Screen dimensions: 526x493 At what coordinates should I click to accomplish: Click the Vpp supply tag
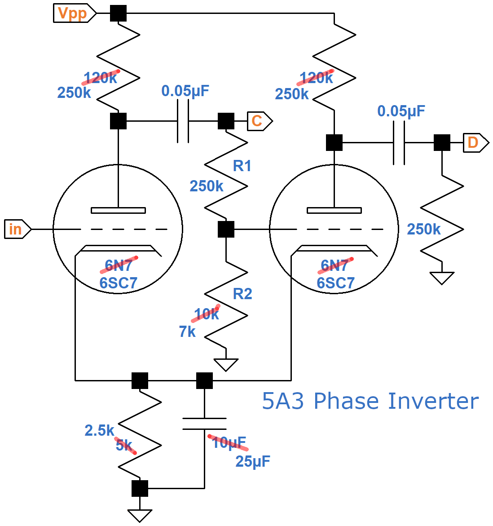point(74,13)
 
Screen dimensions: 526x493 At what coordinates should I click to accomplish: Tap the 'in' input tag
point(17,229)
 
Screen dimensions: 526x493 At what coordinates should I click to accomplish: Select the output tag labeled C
point(259,121)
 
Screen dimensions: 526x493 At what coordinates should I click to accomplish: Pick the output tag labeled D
point(475,143)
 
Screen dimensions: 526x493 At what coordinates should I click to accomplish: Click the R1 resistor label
point(242,166)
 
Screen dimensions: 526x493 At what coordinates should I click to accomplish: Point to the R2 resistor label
point(242,294)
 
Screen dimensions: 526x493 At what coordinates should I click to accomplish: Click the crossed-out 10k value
point(206,314)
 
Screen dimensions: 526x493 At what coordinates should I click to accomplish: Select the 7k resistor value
point(187,332)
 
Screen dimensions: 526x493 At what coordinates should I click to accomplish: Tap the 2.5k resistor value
point(99,430)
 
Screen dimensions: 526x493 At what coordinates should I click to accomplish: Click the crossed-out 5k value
point(125,445)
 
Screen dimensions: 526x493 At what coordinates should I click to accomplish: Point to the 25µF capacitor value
point(253,461)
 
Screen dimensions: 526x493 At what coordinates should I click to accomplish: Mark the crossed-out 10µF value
point(229,442)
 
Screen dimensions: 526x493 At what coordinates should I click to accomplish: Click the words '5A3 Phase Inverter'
point(370,401)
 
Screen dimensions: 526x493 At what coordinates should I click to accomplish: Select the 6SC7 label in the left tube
point(118,283)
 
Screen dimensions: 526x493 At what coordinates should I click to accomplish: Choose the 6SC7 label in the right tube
point(335,283)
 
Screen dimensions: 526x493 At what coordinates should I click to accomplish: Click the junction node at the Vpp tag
point(118,13)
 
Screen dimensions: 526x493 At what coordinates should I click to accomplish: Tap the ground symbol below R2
point(226,364)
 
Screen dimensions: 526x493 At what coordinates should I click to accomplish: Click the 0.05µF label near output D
point(401,111)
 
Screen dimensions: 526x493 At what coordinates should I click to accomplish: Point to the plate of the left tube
point(118,210)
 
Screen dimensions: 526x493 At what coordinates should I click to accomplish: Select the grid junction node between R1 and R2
point(226,229)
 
